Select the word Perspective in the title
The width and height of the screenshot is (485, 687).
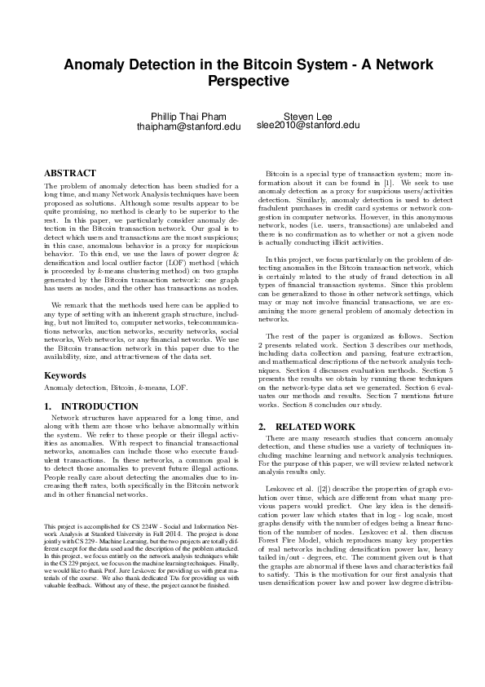point(242,81)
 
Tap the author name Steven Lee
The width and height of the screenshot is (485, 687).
point(307,117)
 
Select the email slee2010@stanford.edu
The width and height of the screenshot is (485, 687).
point(307,126)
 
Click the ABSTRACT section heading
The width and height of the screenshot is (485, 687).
point(70,173)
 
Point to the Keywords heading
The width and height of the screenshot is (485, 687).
point(65,375)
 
